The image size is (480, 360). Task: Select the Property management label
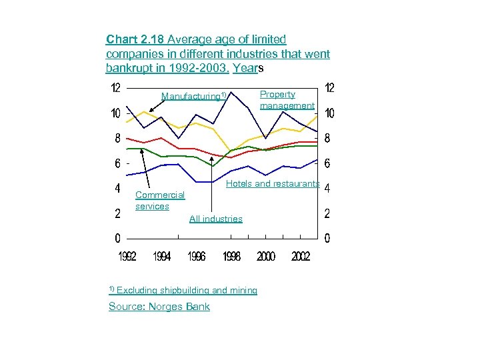point(287,100)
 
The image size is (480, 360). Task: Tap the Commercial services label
point(159,201)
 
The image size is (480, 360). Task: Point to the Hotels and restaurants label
point(273,183)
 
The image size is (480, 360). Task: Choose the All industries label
point(216,219)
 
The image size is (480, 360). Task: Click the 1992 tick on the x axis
point(128,257)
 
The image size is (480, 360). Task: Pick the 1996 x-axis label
point(197,257)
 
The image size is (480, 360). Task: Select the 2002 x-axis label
point(300,257)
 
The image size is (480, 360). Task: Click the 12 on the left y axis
point(115,88)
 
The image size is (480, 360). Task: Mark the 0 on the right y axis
point(327,239)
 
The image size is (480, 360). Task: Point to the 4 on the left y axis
point(117,189)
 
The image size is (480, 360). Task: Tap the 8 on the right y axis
point(327,139)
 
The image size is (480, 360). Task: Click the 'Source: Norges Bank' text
point(159,307)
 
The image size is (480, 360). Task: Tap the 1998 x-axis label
point(231,257)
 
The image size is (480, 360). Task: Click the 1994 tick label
point(162,257)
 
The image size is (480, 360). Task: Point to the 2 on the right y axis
point(327,214)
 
